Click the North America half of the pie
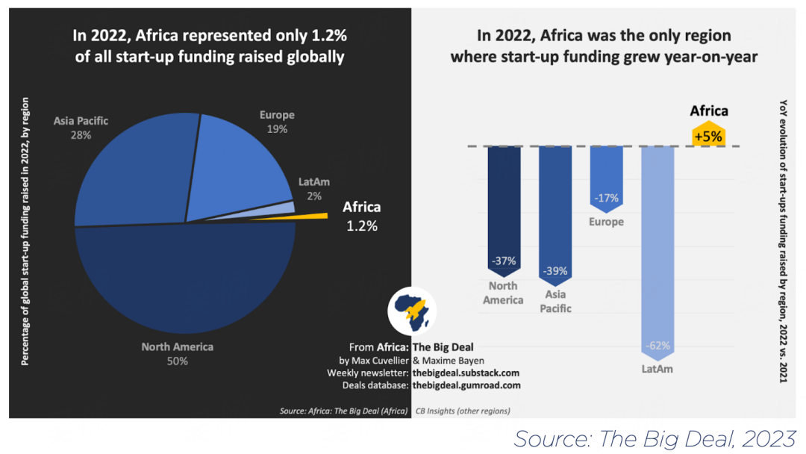tap(187, 291)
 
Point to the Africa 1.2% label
tap(361, 216)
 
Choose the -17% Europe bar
tap(606, 179)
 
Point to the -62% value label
tap(657, 346)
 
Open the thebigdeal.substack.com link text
tap(466, 373)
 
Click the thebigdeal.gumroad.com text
tap(466, 385)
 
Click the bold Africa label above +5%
tap(708, 111)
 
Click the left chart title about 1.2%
tap(210, 46)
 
